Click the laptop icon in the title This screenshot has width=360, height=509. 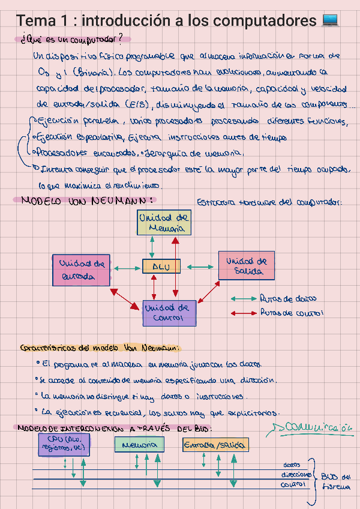[331, 20]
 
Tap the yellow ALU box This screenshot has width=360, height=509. [161, 266]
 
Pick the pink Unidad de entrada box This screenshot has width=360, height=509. [82, 270]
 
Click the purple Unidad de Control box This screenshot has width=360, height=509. [169, 313]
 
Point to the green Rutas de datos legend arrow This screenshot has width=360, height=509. [242, 299]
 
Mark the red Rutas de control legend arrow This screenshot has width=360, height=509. [242, 312]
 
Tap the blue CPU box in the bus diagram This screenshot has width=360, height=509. [64, 444]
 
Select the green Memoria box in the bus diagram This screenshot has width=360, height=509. [139, 445]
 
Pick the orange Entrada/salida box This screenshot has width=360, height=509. [215, 445]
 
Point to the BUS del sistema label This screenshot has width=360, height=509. [335, 481]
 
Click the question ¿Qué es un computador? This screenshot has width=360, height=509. [70, 40]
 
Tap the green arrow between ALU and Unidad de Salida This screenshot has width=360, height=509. [199, 266]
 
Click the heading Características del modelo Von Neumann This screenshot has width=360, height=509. [98, 348]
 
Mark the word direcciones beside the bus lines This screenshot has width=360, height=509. [293, 474]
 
